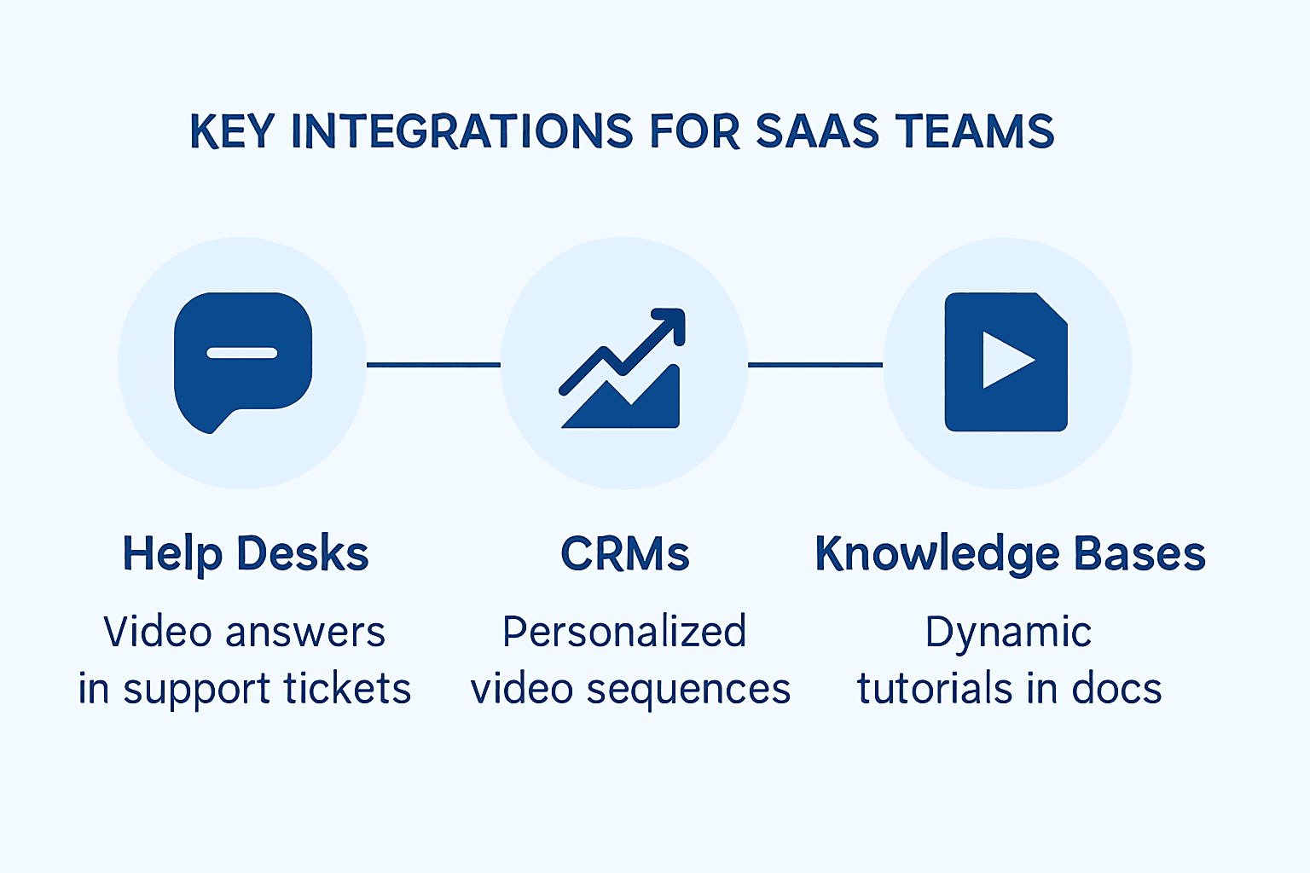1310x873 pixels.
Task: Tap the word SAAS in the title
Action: (816, 132)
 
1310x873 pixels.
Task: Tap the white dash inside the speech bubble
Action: (242, 353)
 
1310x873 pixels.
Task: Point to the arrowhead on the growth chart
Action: (672, 322)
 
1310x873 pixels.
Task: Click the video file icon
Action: (1006, 362)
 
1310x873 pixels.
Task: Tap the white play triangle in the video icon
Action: (1004, 360)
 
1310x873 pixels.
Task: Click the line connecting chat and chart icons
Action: (433, 365)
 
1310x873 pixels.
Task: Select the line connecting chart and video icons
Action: (815, 365)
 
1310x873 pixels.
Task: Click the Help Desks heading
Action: (246, 554)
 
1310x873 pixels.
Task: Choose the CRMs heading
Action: (624, 554)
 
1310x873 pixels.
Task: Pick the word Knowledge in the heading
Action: (936, 554)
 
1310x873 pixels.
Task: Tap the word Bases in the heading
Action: (1139, 554)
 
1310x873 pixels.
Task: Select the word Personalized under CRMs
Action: (624, 633)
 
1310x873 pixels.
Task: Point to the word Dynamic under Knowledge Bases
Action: (1008, 633)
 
